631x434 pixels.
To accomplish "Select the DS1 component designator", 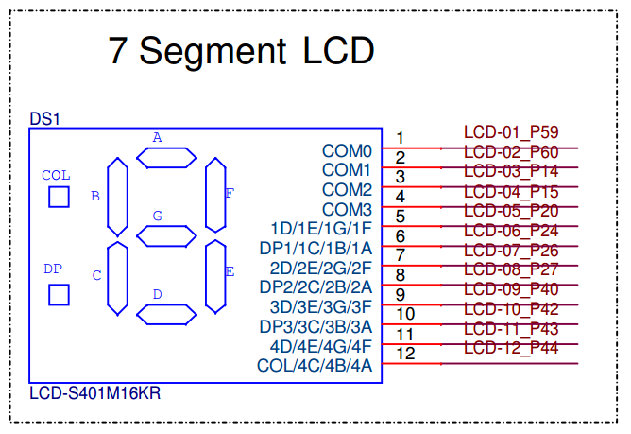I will pyautogui.click(x=44, y=119).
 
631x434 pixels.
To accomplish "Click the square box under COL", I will pyautogui.click(x=59, y=197).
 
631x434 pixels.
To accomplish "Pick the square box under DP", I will pyautogui.click(x=59, y=294).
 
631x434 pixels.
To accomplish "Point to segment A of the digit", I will pyautogui.click(x=166, y=157).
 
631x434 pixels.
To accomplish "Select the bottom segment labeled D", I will pyautogui.click(x=166, y=314).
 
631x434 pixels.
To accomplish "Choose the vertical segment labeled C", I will pyautogui.click(x=118, y=278).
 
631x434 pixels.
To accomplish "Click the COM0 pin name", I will pyautogui.click(x=347, y=150).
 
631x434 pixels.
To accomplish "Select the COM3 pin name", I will pyautogui.click(x=347, y=209).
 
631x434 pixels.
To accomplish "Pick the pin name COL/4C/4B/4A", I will pyautogui.click(x=315, y=366).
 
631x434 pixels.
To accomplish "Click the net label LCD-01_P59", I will pyautogui.click(x=511, y=131).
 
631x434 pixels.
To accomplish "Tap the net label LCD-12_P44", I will pyautogui.click(x=511, y=348).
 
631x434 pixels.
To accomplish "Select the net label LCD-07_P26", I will pyautogui.click(x=511, y=250).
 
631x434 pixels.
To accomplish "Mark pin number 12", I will pyautogui.click(x=405, y=354).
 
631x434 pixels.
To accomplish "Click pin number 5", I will pyautogui.click(x=401, y=217).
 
